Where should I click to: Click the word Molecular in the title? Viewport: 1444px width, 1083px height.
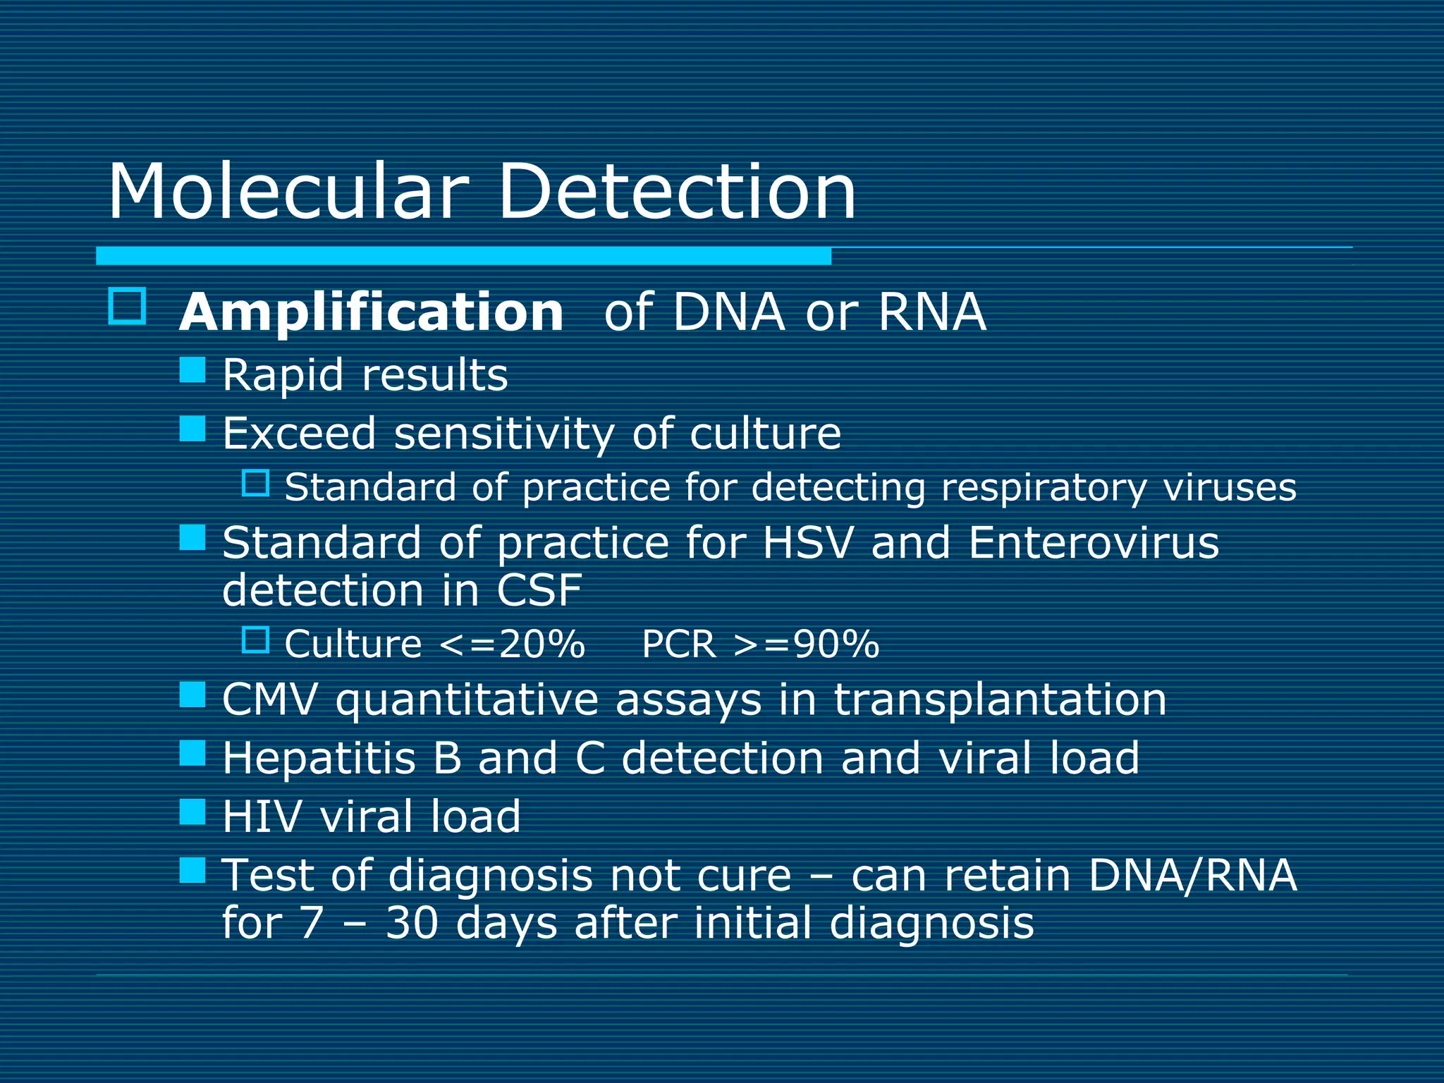(x=288, y=192)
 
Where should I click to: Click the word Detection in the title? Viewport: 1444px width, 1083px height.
(x=677, y=192)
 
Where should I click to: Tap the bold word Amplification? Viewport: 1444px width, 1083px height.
(x=372, y=312)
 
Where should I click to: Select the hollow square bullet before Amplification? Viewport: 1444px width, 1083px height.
(x=128, y=306)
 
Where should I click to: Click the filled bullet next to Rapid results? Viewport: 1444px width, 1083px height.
(x=192, y=369)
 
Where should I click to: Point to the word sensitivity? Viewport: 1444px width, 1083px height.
(x=504, y=433)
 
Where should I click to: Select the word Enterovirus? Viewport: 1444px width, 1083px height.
(x=1093, y=543)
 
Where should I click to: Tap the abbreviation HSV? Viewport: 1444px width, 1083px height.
(x=807, y=543)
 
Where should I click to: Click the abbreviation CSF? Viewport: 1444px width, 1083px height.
(x=539, y=591)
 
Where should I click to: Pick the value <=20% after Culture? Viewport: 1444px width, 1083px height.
(x=512, y=644)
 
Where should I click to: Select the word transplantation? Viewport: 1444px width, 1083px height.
(x=1000, y=701)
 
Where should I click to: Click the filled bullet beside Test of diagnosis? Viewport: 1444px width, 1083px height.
(x=192, y=870)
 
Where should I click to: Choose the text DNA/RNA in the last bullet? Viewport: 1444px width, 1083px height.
(x=1192, y=876)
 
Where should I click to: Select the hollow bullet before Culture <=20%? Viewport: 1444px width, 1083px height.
(x=255, y=640)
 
